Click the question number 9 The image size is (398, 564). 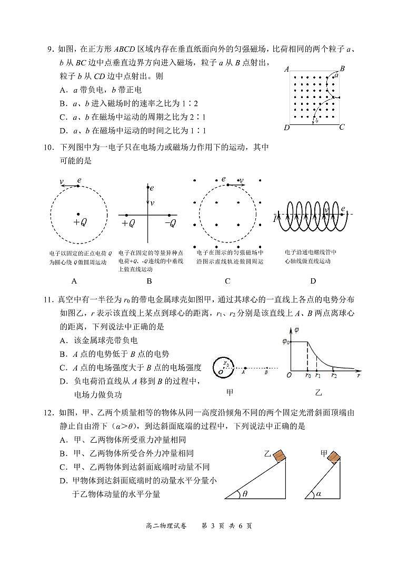point(49,50)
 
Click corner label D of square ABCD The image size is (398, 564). point(286,128)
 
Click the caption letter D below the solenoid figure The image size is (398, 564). point(313,281)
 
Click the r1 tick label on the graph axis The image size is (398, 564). point(317,375)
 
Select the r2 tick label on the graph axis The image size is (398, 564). point(334,375)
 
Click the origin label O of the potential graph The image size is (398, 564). point(288,375)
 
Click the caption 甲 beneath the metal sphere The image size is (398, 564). point(230,392)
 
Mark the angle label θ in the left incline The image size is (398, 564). point(245,494)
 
